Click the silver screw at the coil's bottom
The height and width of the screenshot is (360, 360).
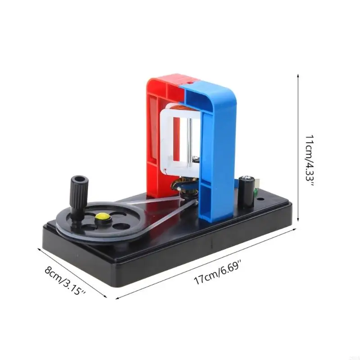click(197, 158)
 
